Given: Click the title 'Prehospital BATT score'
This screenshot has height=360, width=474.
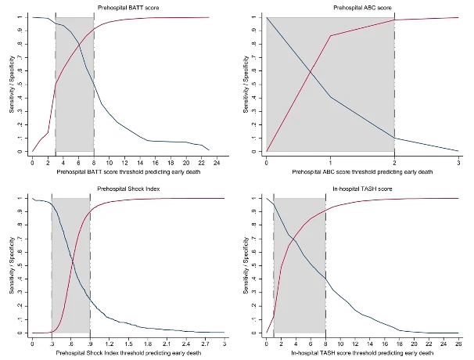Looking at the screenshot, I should (125, 6).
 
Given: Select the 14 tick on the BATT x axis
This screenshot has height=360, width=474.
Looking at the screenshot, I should (141, 162).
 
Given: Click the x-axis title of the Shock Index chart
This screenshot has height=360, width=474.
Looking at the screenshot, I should (128, 353).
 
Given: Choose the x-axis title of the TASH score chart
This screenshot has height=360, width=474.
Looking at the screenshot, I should (363, 353).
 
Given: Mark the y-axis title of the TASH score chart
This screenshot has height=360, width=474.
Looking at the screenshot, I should (246, 265).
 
